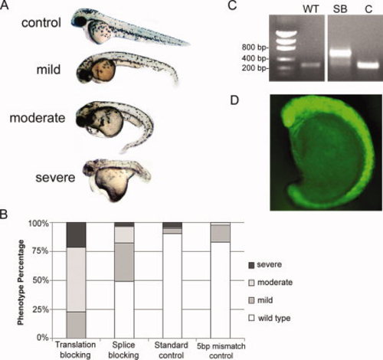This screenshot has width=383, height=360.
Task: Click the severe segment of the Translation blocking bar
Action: point(76,235)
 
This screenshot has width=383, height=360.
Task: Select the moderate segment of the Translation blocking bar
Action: point(76,280)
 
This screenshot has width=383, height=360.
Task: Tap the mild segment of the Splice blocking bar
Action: point(124,262)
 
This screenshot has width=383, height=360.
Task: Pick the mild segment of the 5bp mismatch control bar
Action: point(221,234)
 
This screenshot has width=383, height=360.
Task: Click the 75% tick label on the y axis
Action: point(41,251)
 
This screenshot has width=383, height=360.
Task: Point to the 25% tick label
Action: point(41,309)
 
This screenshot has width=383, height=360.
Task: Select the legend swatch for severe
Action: point(251,265)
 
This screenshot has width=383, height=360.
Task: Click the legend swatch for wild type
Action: point(251,318)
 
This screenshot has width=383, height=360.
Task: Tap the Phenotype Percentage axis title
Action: point(21,282)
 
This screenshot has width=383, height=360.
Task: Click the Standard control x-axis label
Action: point(172,350)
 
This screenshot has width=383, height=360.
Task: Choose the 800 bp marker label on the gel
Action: point(254,47)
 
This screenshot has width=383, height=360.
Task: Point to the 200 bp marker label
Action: point(254,68)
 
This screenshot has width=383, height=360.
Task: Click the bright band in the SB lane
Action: point(339,54)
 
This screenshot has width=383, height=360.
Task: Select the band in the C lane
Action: point(368,65)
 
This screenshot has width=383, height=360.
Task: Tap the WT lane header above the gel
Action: point(311,9)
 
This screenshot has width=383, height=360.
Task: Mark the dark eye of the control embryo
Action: point(80,21)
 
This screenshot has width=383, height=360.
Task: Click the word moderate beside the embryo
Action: point(38,118)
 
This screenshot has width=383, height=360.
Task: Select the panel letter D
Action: point(234,100)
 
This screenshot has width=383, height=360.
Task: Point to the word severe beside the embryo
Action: point(55,178)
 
